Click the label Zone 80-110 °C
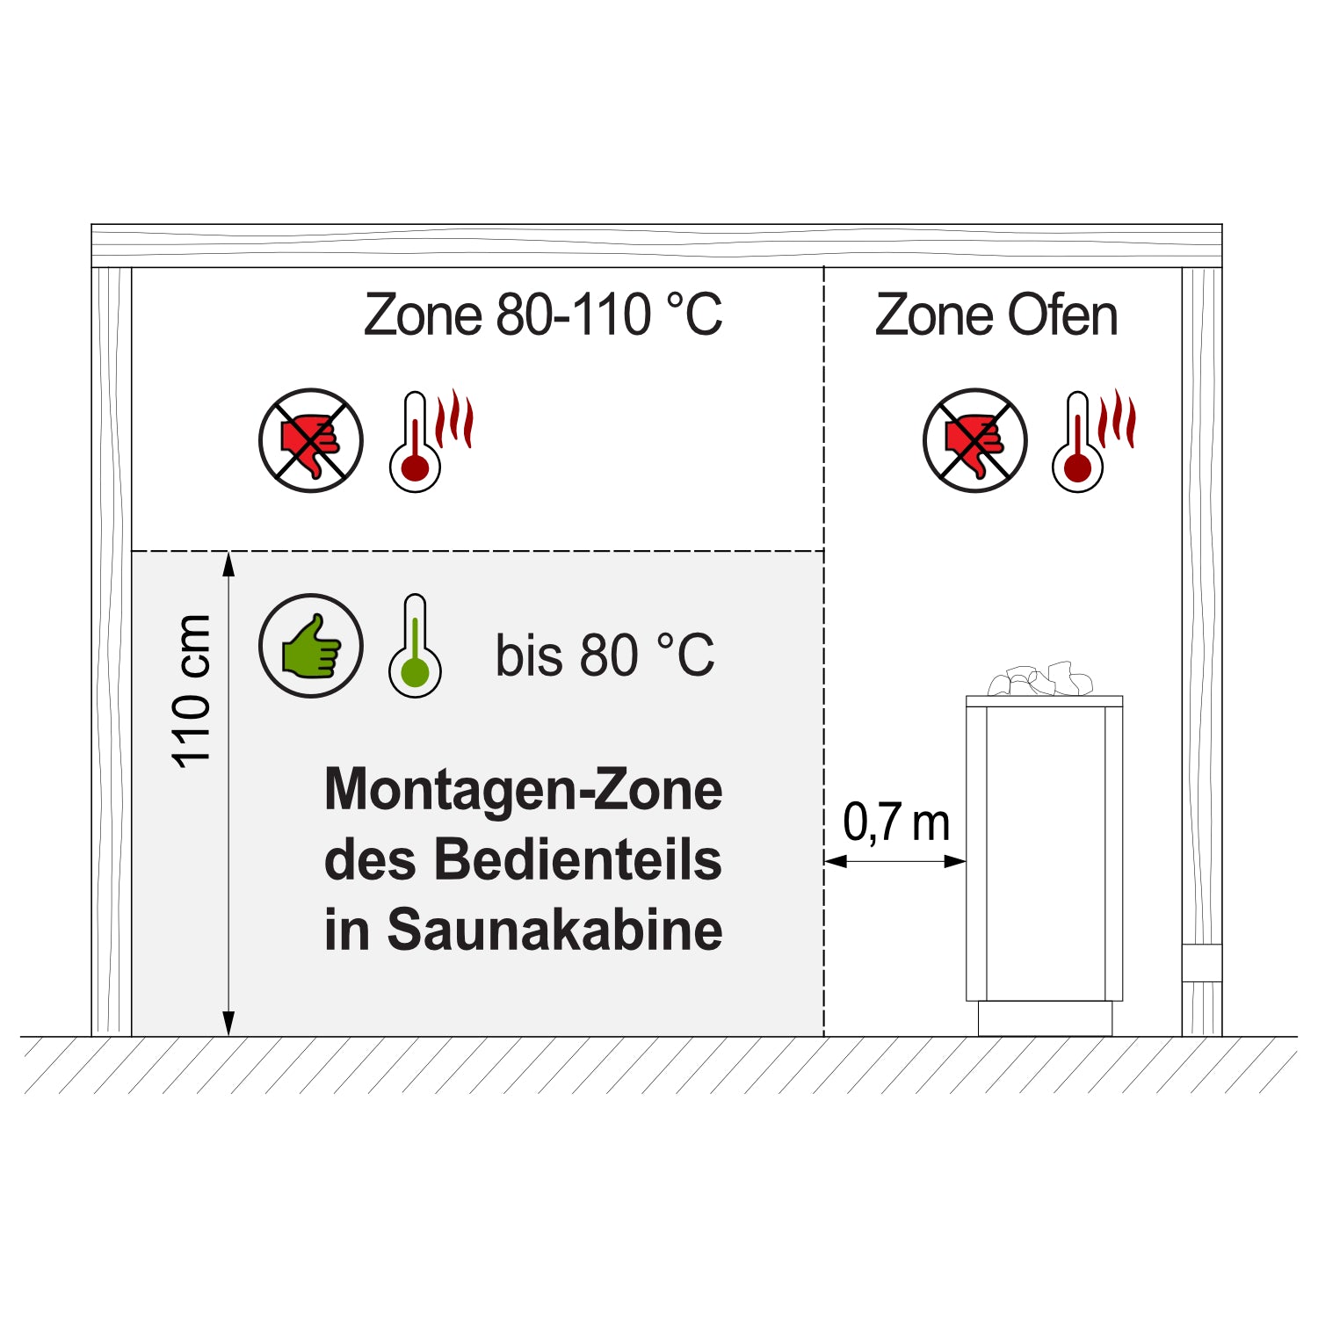pos(543,315)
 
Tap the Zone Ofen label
pos(996,315)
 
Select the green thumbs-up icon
pos(311,646)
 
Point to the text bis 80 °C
pos(605,655)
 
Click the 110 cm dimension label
pos(192,692)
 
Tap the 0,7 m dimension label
pos(896,822)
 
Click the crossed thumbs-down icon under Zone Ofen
pos(974,440)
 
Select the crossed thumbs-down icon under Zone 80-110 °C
pos(311,440)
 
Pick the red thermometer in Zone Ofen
pos(1079,442)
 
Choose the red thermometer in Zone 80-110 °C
pos(416,442)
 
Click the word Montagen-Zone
pos(524,790)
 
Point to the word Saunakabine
pos(554,930)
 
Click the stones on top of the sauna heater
pos(1041,680)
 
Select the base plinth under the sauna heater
pos(1045,1018)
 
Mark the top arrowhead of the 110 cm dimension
pos(228,563)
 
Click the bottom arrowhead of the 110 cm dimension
pos(228,1024)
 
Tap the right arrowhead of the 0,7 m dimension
pos(955,861)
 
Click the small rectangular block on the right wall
pos(1201,963)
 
